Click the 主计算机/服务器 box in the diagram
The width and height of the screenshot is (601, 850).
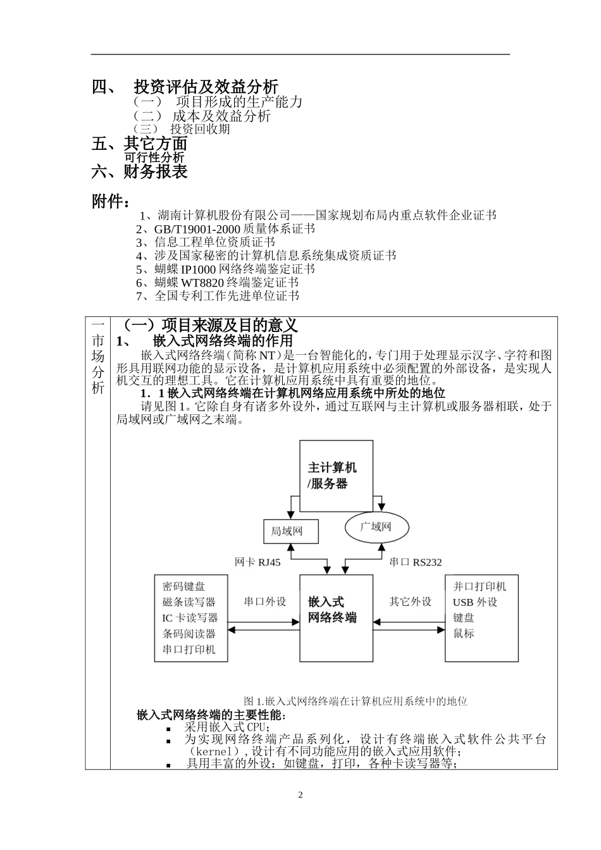point(335,476)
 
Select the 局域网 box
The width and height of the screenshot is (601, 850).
point(290,531)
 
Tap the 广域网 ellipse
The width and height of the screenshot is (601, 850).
point(376,527)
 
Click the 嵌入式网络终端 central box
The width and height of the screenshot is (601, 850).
point(335,617)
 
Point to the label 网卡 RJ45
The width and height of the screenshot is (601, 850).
point(257,562)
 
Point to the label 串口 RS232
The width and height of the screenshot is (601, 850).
point(416,562)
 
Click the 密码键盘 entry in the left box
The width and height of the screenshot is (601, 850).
point(183,586)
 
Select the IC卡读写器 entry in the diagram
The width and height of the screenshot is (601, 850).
point(189,618)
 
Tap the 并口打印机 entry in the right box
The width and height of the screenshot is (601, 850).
point(479,586)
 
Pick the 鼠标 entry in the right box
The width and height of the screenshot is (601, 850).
point(463,634)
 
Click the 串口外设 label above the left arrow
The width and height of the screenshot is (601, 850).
point(265,601)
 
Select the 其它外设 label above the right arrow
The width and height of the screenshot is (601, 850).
point(410,601)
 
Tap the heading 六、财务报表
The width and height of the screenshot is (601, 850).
point(140,171)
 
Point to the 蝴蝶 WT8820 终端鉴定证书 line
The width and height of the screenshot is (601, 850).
point(217,283)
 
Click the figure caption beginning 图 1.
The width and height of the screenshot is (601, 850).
point(355,701)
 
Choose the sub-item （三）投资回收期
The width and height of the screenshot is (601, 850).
point(182,130)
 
